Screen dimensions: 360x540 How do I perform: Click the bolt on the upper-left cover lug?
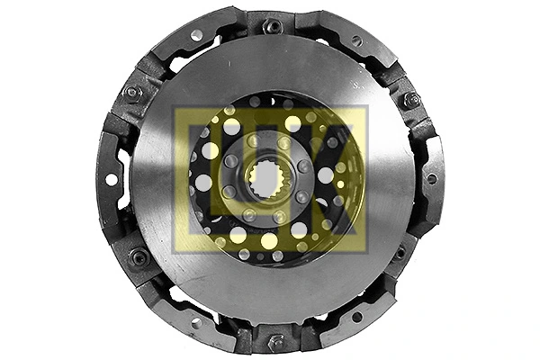133,93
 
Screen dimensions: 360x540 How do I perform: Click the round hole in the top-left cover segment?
197,35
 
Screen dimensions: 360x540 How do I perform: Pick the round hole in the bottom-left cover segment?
196,322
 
